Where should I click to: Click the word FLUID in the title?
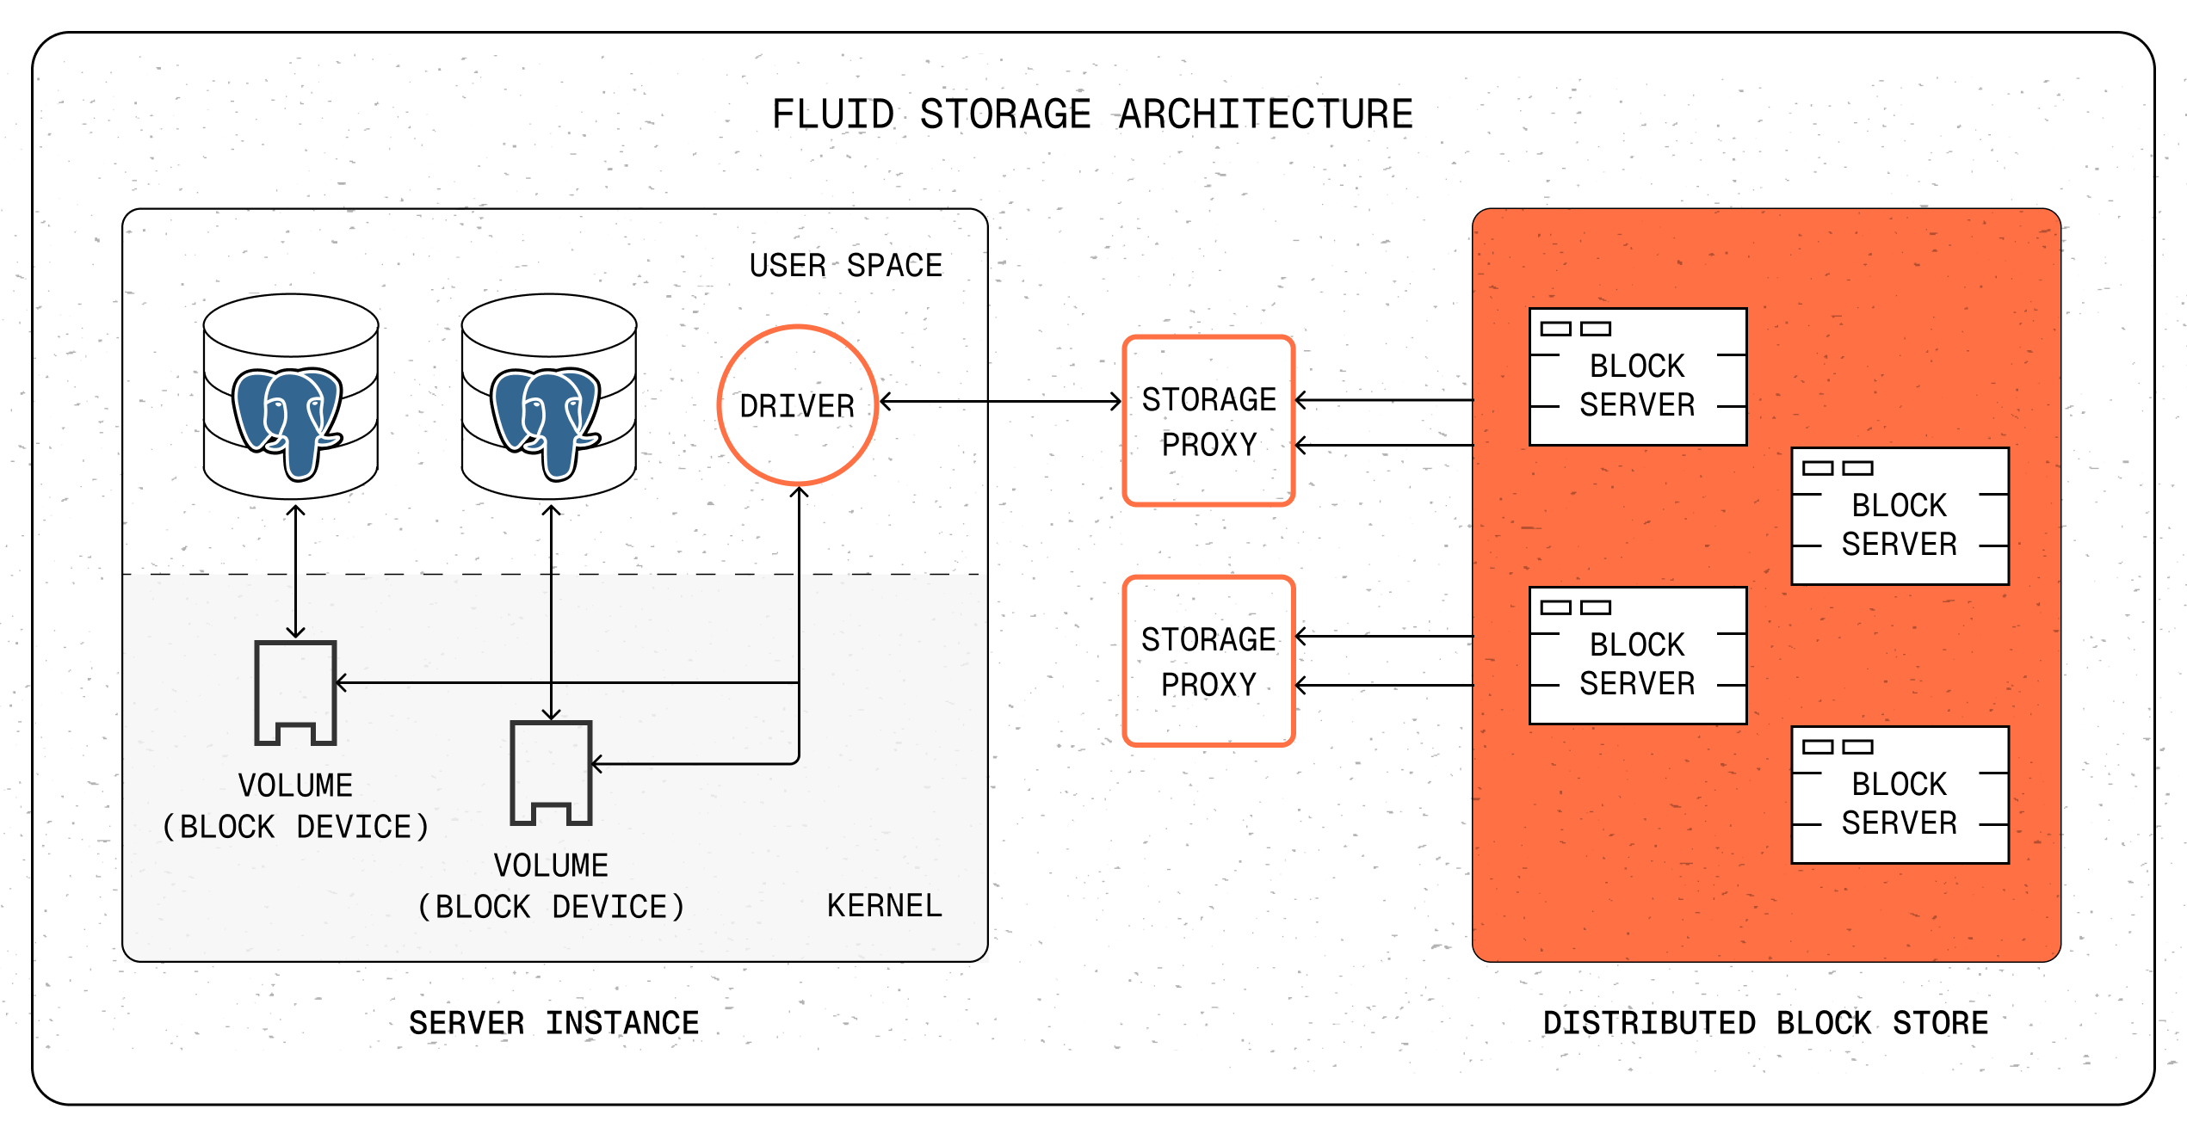coord(832,115)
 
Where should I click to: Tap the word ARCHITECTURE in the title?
coord(1265,115)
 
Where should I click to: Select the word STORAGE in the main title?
coord(1005,115)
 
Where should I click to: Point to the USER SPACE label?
coord(845,266)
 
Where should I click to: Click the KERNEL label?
coord(884,906)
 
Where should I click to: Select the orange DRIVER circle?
coord(798,405)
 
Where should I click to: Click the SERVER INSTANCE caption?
coord(553,1023)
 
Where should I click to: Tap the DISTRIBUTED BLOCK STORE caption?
coord(1765,1023)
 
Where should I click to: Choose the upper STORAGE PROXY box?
coord(1208,421)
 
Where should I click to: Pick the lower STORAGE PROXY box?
coord(1208,661)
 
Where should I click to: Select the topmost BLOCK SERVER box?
coord(1637,377)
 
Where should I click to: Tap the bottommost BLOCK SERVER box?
coord(1900,795)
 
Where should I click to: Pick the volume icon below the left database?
coord(295,692)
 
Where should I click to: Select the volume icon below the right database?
coord(551,772)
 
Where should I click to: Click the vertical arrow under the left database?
coord(295,572)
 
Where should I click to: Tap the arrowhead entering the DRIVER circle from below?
coord(799,493)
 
